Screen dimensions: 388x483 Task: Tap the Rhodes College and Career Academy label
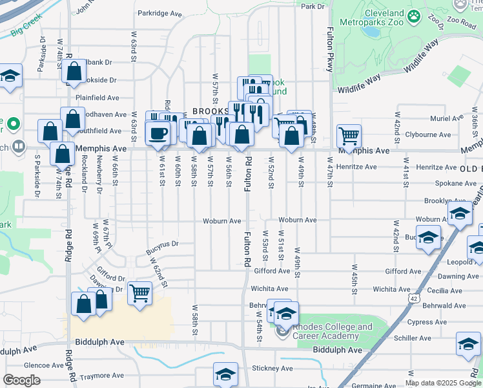tap(333, 331)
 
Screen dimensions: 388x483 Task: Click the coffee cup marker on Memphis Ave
tap(159, 134)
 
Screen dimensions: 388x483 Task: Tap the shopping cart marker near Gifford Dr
tap(139, 294)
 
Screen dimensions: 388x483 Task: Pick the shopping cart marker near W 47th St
tap(349, 136)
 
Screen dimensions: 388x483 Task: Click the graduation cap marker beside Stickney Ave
tap(225, 374)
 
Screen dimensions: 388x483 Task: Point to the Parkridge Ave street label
tap(159, 13)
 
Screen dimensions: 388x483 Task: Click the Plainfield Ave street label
tap(97, 98)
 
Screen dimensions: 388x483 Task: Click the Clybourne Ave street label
tap(428, 135)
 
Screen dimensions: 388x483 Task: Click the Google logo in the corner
tap(22, 380)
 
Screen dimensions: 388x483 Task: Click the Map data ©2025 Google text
tap(443, 383)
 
